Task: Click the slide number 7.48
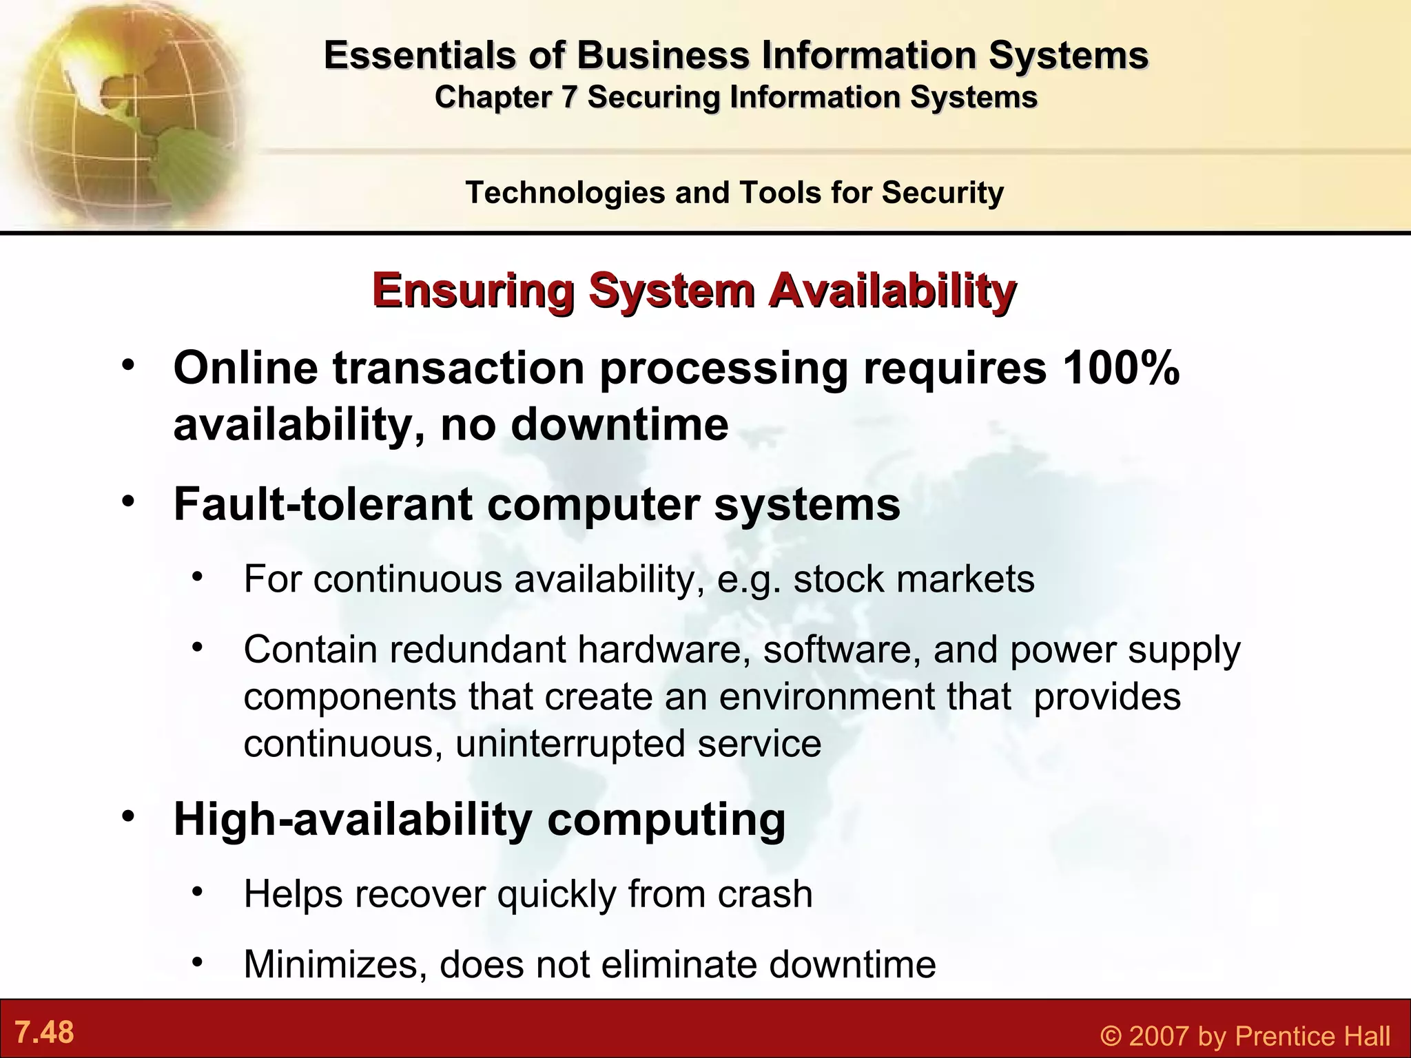click(x=44, y=1033)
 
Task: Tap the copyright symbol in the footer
click(x=1111, y=1036)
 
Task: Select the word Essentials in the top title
click(x=420, y=56)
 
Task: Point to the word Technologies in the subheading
click(x=564, y=193)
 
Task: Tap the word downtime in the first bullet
click(x=619, y=424)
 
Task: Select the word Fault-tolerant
click(x=324, y=504)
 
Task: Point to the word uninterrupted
click(x=570, y=744)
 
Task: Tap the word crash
click(x=765, y=894)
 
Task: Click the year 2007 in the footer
click(x=1157, y=1036)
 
